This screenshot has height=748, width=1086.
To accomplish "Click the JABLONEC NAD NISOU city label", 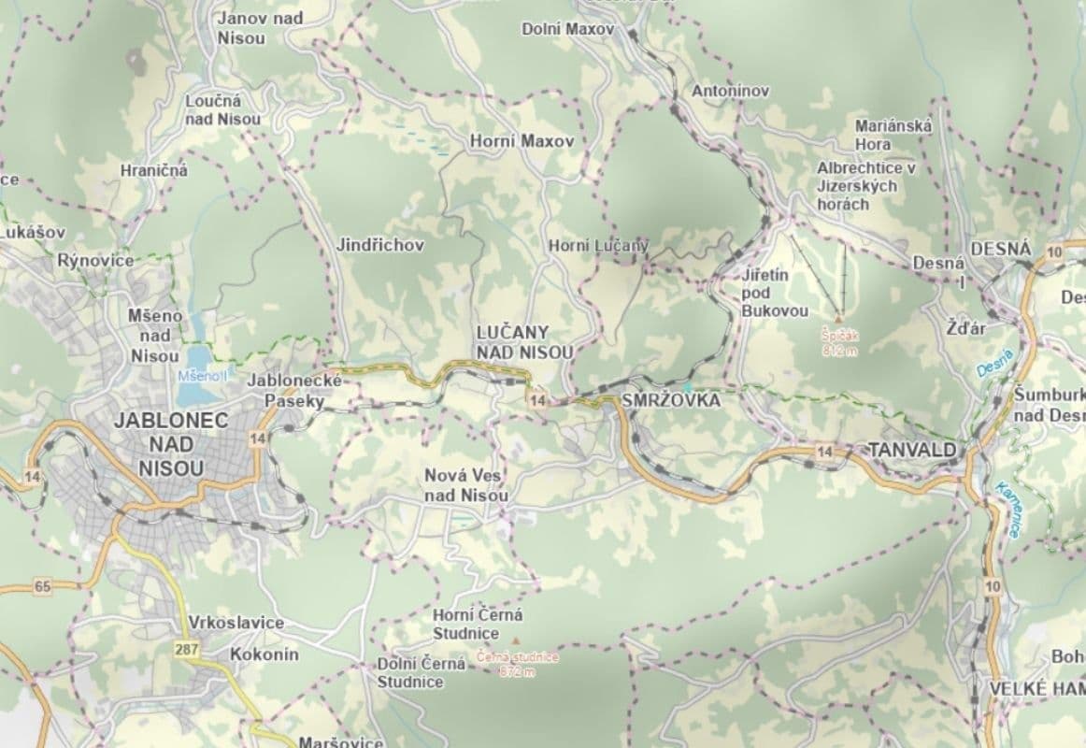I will tap(171, 444).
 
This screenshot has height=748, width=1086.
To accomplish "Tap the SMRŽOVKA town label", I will tap(670, 400).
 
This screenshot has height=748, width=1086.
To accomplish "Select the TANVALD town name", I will tap(912, 450).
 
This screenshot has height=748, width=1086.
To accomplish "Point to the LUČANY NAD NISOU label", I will tap(524, 342).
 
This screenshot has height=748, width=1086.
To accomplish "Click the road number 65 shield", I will tap(41, 587).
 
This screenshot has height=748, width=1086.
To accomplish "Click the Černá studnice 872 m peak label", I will tap(517, 664).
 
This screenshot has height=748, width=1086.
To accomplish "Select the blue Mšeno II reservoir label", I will tap(203, 376).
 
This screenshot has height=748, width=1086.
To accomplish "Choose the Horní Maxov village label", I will tap(521, 141).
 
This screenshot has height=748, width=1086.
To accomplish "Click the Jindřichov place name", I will tap(380, 245).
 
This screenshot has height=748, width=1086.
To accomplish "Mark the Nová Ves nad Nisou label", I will tap(466, 484).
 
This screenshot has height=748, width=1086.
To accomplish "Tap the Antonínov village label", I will tap(730, 91).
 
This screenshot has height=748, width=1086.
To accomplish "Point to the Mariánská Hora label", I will tap(887, 135).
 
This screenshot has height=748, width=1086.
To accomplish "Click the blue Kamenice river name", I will tap(1008, 510).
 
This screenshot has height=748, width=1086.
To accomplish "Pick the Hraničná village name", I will tap(154, 170).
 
